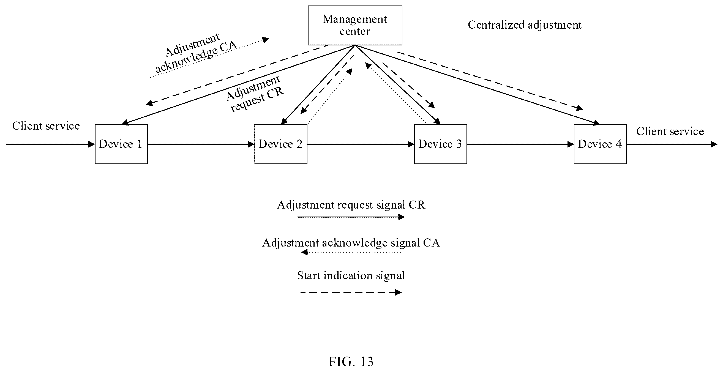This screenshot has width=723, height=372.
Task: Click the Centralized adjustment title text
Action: (525, 25)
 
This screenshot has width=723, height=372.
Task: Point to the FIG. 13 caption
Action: (351, 362)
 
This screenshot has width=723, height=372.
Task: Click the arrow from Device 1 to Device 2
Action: (201, 144)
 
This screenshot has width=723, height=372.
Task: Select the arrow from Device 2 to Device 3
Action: (361, 144)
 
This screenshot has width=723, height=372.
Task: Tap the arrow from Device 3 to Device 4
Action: (520, 144)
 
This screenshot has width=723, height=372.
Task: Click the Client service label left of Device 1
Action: (46, 126)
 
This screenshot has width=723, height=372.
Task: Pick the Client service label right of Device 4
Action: (670, 131)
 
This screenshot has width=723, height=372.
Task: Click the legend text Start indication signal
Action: (351, 275)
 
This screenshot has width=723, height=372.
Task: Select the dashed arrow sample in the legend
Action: (351, 292)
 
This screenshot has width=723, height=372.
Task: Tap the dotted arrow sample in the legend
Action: (351, 252)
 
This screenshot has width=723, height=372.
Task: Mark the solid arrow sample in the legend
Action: (351, 217)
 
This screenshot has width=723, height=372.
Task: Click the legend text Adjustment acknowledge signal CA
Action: (351, 243)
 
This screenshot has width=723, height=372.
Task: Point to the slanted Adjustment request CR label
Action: (255, 94)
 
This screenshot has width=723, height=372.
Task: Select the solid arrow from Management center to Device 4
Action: (478, 85)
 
